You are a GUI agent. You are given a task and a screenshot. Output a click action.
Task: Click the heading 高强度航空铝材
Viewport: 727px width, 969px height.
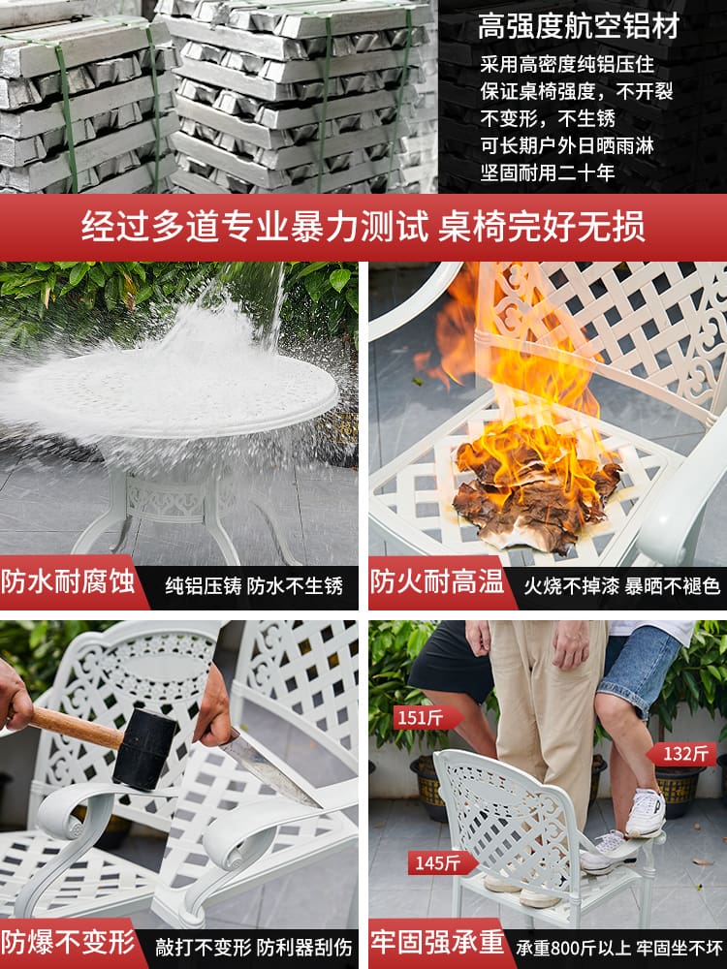(579, 26)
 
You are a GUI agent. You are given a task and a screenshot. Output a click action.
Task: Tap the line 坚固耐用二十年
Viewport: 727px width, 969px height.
(548, 172)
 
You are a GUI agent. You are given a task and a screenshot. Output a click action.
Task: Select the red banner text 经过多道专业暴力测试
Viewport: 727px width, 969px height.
(255, 226)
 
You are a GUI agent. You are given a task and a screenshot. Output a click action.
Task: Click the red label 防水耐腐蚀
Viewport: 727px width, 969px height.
(68, 582)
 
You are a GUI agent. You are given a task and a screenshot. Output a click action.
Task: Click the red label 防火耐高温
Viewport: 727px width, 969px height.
(437, 582)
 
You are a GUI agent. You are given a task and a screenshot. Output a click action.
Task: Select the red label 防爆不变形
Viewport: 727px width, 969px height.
(68, 943)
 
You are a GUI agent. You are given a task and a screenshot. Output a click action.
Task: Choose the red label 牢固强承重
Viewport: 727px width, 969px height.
(437, 943)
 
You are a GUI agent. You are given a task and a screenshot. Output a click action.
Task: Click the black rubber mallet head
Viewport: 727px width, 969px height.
(144, 749)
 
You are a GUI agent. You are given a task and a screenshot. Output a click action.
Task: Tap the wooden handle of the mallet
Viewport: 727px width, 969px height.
(76, 728)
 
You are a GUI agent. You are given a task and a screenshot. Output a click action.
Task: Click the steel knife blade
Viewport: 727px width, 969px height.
(269, 769)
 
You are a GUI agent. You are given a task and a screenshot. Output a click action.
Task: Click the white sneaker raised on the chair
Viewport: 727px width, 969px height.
(646, 813)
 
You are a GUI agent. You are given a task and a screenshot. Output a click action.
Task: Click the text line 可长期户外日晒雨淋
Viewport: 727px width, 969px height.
(567, 145)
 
